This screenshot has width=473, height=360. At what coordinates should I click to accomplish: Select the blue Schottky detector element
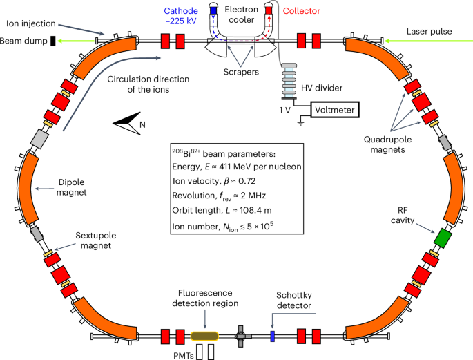pyautogui.click(x=272, y=336)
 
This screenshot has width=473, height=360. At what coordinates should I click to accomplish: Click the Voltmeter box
pyautogui.click(x=334, y=110)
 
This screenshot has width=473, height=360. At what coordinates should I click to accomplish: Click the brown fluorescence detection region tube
pyautogui.click(x=204, y=336)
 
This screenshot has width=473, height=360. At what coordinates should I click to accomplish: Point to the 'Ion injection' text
pyautogui.click(x=32, y=22)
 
